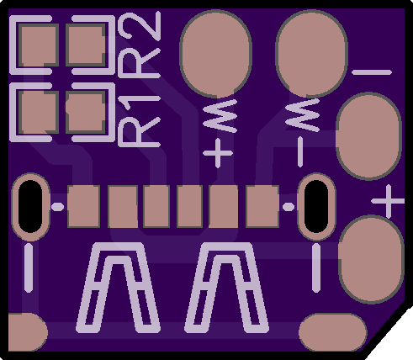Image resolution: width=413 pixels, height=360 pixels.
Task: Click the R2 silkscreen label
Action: pyautogui.click(x=140, y=45)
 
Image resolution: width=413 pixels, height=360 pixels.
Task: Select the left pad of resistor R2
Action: pyautogui.click(x=39, y=45)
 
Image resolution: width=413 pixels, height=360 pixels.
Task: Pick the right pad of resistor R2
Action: pyautogui.click(x=86, y=45)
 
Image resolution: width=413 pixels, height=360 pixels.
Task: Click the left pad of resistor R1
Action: pyautogui.click(x=39, y=112)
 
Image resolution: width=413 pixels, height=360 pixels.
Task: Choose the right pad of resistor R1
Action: pyautogui.click(x=86, y=112)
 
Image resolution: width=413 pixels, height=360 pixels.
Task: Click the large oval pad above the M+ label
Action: pyautogui.click(x=215, y=54)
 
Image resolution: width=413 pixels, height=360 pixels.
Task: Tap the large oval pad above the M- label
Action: pyautogui.click(x=312, y=53)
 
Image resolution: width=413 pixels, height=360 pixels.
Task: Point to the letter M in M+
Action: pyautogui.click(x=220, y=115)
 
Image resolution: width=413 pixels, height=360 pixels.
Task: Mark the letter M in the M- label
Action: pyautogui.click(x=303, y=115)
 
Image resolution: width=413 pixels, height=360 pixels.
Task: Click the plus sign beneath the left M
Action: pyautogui.click(x=218, y=153)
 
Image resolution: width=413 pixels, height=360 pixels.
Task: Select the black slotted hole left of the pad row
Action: pyautogui.click(x=30, y=207)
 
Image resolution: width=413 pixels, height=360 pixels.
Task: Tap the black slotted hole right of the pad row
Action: pyautogui.click(x=316, y=207)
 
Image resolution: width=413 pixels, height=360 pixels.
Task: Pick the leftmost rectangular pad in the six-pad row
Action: pyautogui.click(x=84, y=206)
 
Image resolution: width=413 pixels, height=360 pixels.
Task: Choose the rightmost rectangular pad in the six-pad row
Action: pyautogui.click(x=262, y=206)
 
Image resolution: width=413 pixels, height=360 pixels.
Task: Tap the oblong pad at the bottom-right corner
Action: pyautogui.click(x=333, y=332)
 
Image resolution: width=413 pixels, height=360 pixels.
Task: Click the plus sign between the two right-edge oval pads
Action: pyautogui.click(x=389, y=201)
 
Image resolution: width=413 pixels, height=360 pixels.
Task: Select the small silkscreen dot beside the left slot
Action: pyautogui.click(x=57, y=207)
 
